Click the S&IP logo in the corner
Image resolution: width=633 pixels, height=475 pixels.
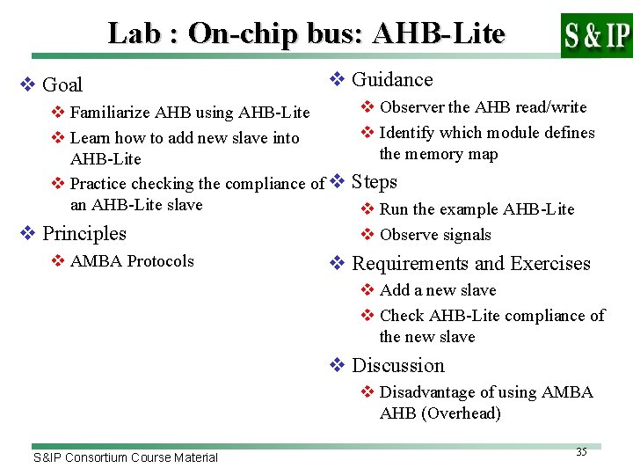point(596,35)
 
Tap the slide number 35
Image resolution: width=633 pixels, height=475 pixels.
point(581,452)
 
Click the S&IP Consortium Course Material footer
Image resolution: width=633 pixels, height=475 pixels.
point(126,457)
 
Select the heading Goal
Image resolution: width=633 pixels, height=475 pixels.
point(62,85)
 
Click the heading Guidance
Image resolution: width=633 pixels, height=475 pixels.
point(392,80)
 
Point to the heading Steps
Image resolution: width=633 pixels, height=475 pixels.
point(375,182)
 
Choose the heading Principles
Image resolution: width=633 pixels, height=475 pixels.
point(84,234)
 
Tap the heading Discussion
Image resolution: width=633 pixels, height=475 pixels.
point(398,366)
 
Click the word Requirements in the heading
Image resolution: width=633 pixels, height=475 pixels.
point(407,264)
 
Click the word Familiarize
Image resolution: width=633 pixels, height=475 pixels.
point(110,113)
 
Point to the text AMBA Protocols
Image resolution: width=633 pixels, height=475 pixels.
point(132,261)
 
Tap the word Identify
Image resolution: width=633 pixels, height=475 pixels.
point(408,133)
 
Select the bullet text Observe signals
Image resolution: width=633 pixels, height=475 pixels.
point(435,235)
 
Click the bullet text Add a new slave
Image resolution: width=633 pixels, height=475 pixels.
point(438,290)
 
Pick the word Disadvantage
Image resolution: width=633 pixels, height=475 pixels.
point(426,392)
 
